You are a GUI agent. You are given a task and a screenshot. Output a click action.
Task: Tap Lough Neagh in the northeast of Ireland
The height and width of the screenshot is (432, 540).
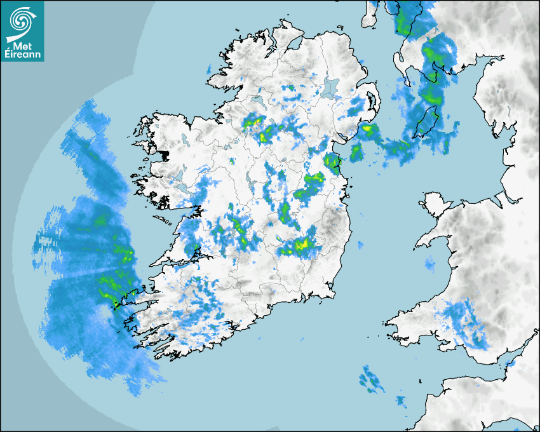(x=330, y=86)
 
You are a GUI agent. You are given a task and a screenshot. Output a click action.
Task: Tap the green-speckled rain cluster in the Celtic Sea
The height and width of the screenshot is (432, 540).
(x=371, y=379)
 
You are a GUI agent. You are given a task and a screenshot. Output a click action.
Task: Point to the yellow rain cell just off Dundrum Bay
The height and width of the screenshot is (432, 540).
(x=368, y=131)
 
